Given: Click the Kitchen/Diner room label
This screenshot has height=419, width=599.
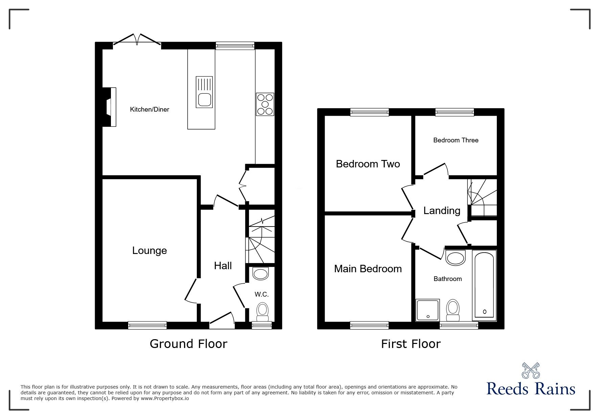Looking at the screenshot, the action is [x=149, y=110].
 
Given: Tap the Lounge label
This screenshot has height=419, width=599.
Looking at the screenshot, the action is [x=149, y=251].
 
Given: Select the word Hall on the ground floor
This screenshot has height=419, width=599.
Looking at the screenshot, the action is [x=223, y=266].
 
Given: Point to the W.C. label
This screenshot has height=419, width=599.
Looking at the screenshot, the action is [x=262, y=295].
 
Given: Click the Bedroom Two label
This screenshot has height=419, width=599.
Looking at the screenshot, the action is [x=368, y=164].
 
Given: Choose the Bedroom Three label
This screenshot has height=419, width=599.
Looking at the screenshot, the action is [x=456, y=140].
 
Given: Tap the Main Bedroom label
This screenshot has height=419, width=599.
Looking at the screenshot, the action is [x=368, y=269].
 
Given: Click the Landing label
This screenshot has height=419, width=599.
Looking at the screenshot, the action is [x=442, y=211].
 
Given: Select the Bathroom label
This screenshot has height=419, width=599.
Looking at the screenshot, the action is [x=448, y=279].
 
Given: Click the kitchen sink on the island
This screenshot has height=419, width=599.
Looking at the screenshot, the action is [x=204, y=92].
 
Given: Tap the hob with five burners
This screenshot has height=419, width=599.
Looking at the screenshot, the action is [x=265, y=104].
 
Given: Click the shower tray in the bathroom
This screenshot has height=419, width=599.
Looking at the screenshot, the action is [x=428, y=310].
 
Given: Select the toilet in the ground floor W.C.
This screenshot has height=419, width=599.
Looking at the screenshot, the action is [x=262, y=311].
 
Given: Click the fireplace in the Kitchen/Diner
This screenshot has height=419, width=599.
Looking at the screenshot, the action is [x=109, y=107].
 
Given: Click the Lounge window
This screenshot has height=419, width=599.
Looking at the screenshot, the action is [x=147, y=325].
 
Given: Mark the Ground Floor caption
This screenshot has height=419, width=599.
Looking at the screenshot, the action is [x=188, y=344].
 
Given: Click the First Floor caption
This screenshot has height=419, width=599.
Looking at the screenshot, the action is [x=411, y=344].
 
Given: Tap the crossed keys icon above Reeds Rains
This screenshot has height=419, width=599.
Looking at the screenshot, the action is [x=531, y=371].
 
